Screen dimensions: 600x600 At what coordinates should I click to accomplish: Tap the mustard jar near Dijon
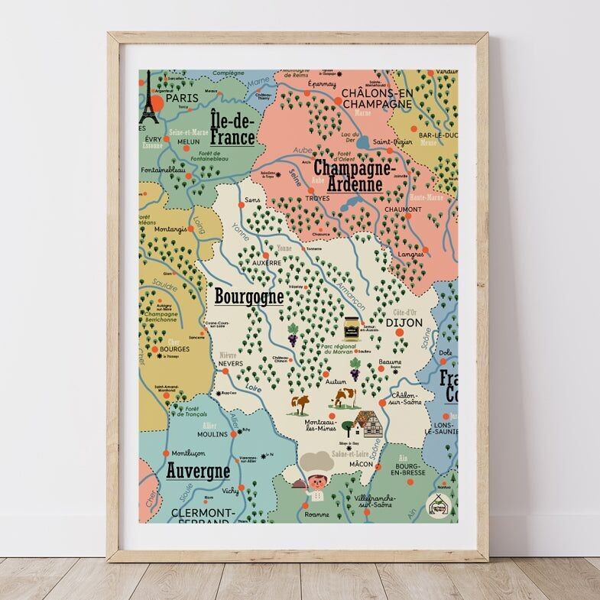point(351,326)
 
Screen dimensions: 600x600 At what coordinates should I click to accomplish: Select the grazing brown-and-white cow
point(344,397)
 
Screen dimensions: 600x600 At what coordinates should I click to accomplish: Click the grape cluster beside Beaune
point(355,371)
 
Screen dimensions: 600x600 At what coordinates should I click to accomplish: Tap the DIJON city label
point(404,323)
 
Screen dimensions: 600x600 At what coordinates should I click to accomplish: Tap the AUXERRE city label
point(267,262)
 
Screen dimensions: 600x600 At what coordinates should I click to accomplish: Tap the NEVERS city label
point(233,365)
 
